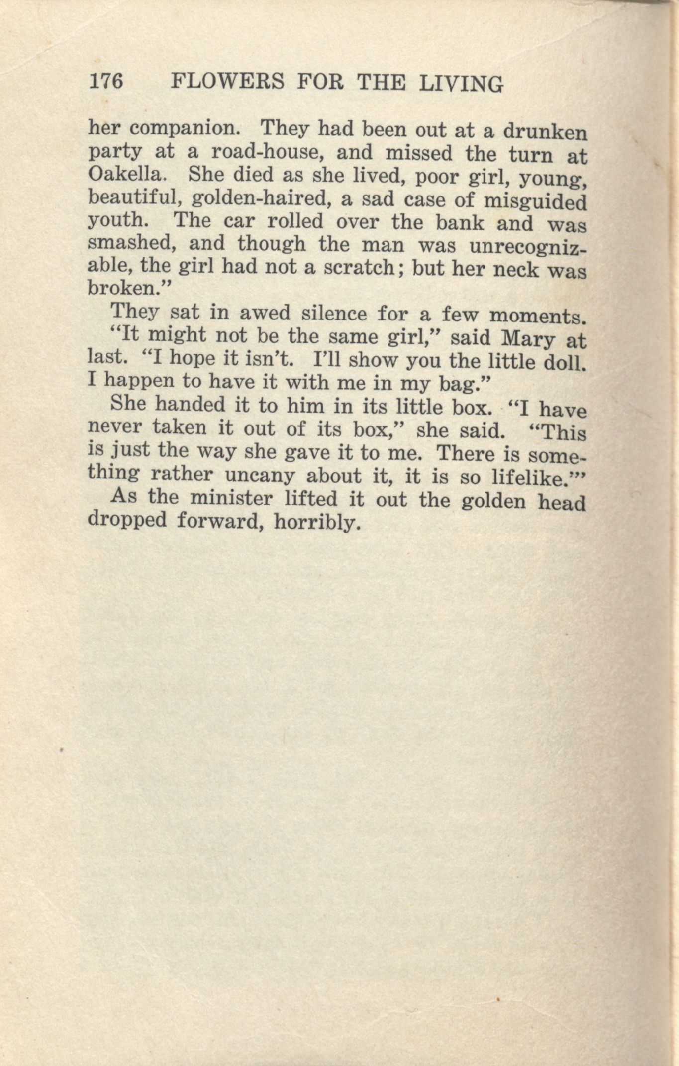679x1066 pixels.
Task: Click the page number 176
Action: pos(105,81)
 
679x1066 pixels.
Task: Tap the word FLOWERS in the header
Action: pos(227,82)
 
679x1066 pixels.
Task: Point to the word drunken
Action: pos(545,132)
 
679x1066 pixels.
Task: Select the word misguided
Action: pos(535,202)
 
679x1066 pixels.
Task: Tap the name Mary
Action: pos(527,339)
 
